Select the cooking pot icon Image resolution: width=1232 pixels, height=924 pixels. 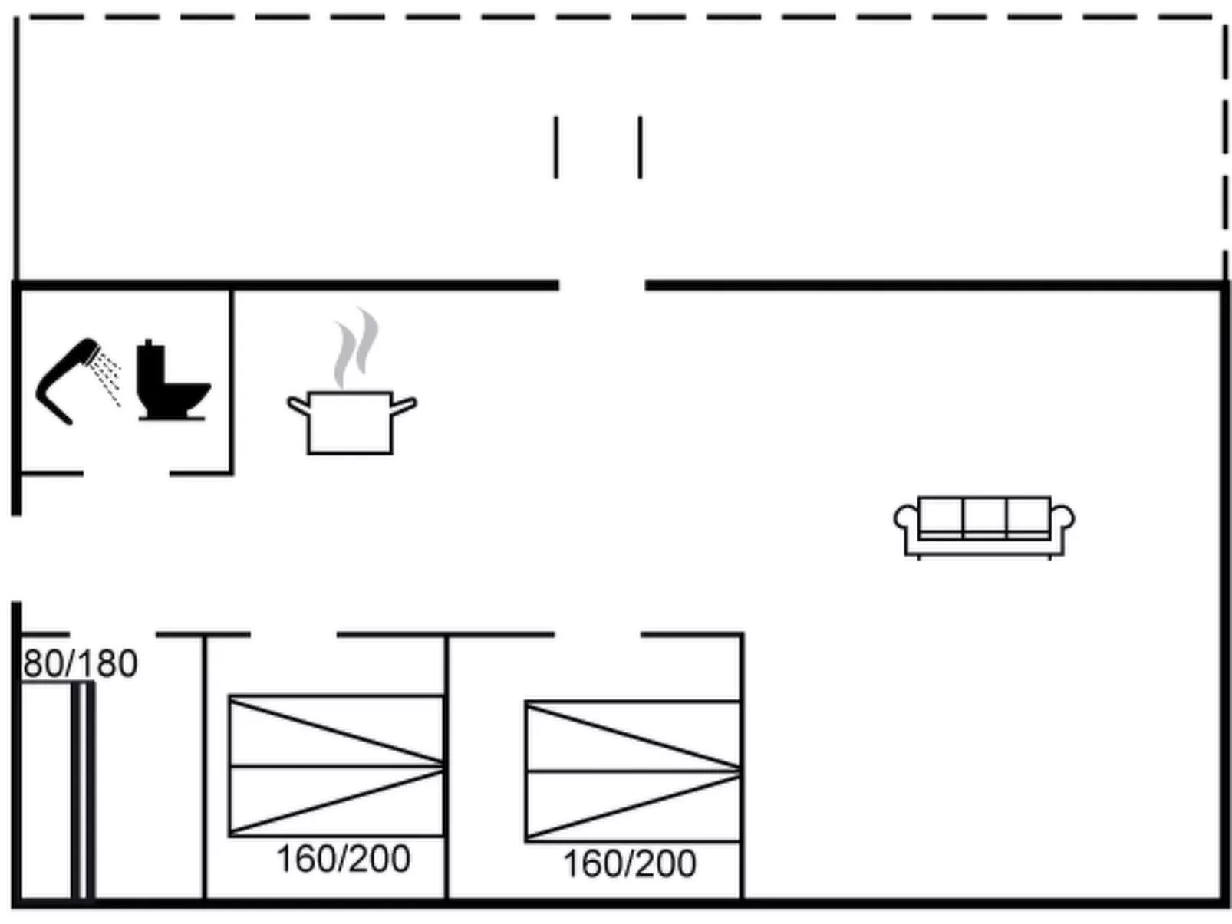(x=351, y=422)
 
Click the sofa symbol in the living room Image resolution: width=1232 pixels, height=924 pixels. (x=983, y=526)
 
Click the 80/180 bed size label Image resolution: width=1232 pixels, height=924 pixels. (x=80, y=664)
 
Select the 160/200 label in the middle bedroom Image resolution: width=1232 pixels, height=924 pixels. (x=343, y=859)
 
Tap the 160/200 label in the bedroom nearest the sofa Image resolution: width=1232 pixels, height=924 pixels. (x=630, y=863)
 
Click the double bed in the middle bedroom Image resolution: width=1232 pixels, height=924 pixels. (x=336, y=765)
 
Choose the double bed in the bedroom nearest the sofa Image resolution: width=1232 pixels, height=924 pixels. (x=633, y=771)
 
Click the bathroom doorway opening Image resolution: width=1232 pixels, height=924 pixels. (x=126, y=474)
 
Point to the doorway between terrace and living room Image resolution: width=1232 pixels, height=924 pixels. (x=601, y=285)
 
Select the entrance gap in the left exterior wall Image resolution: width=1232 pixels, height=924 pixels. (x=16, y=558)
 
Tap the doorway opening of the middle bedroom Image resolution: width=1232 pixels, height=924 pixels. (x=293, y=635)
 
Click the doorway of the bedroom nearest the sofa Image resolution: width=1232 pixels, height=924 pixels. (x=597, y=635)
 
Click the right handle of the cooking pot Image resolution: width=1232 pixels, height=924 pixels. (x=404, y=404)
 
